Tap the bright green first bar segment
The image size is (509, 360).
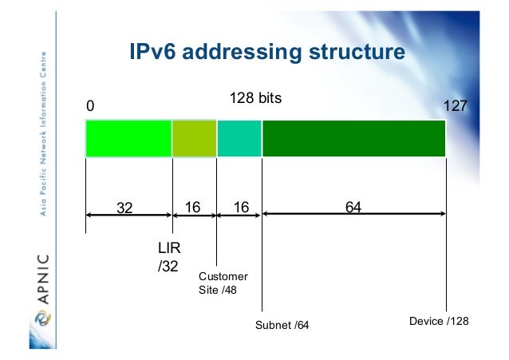(x=128, y=139)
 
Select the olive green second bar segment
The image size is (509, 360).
(x=194, y=139)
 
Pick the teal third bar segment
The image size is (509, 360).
(x=239, y=139)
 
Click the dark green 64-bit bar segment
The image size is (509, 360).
(x=353, y=139)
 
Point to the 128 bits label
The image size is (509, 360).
(x=255, y=99)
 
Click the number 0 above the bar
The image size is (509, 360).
(x=90, y=106)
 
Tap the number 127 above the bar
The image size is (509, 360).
(x=454, y=106)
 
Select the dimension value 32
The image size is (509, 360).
(x=125, y=208)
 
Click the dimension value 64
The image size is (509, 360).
(x=353, y=208)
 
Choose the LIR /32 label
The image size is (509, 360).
(x=167, y=258)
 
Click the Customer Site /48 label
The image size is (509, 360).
(x=223, y=283)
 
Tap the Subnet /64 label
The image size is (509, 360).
(x=282, y=326)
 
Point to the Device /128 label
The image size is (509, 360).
(x=439, y=320)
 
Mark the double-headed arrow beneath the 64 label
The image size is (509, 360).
(x=353, y=214)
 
